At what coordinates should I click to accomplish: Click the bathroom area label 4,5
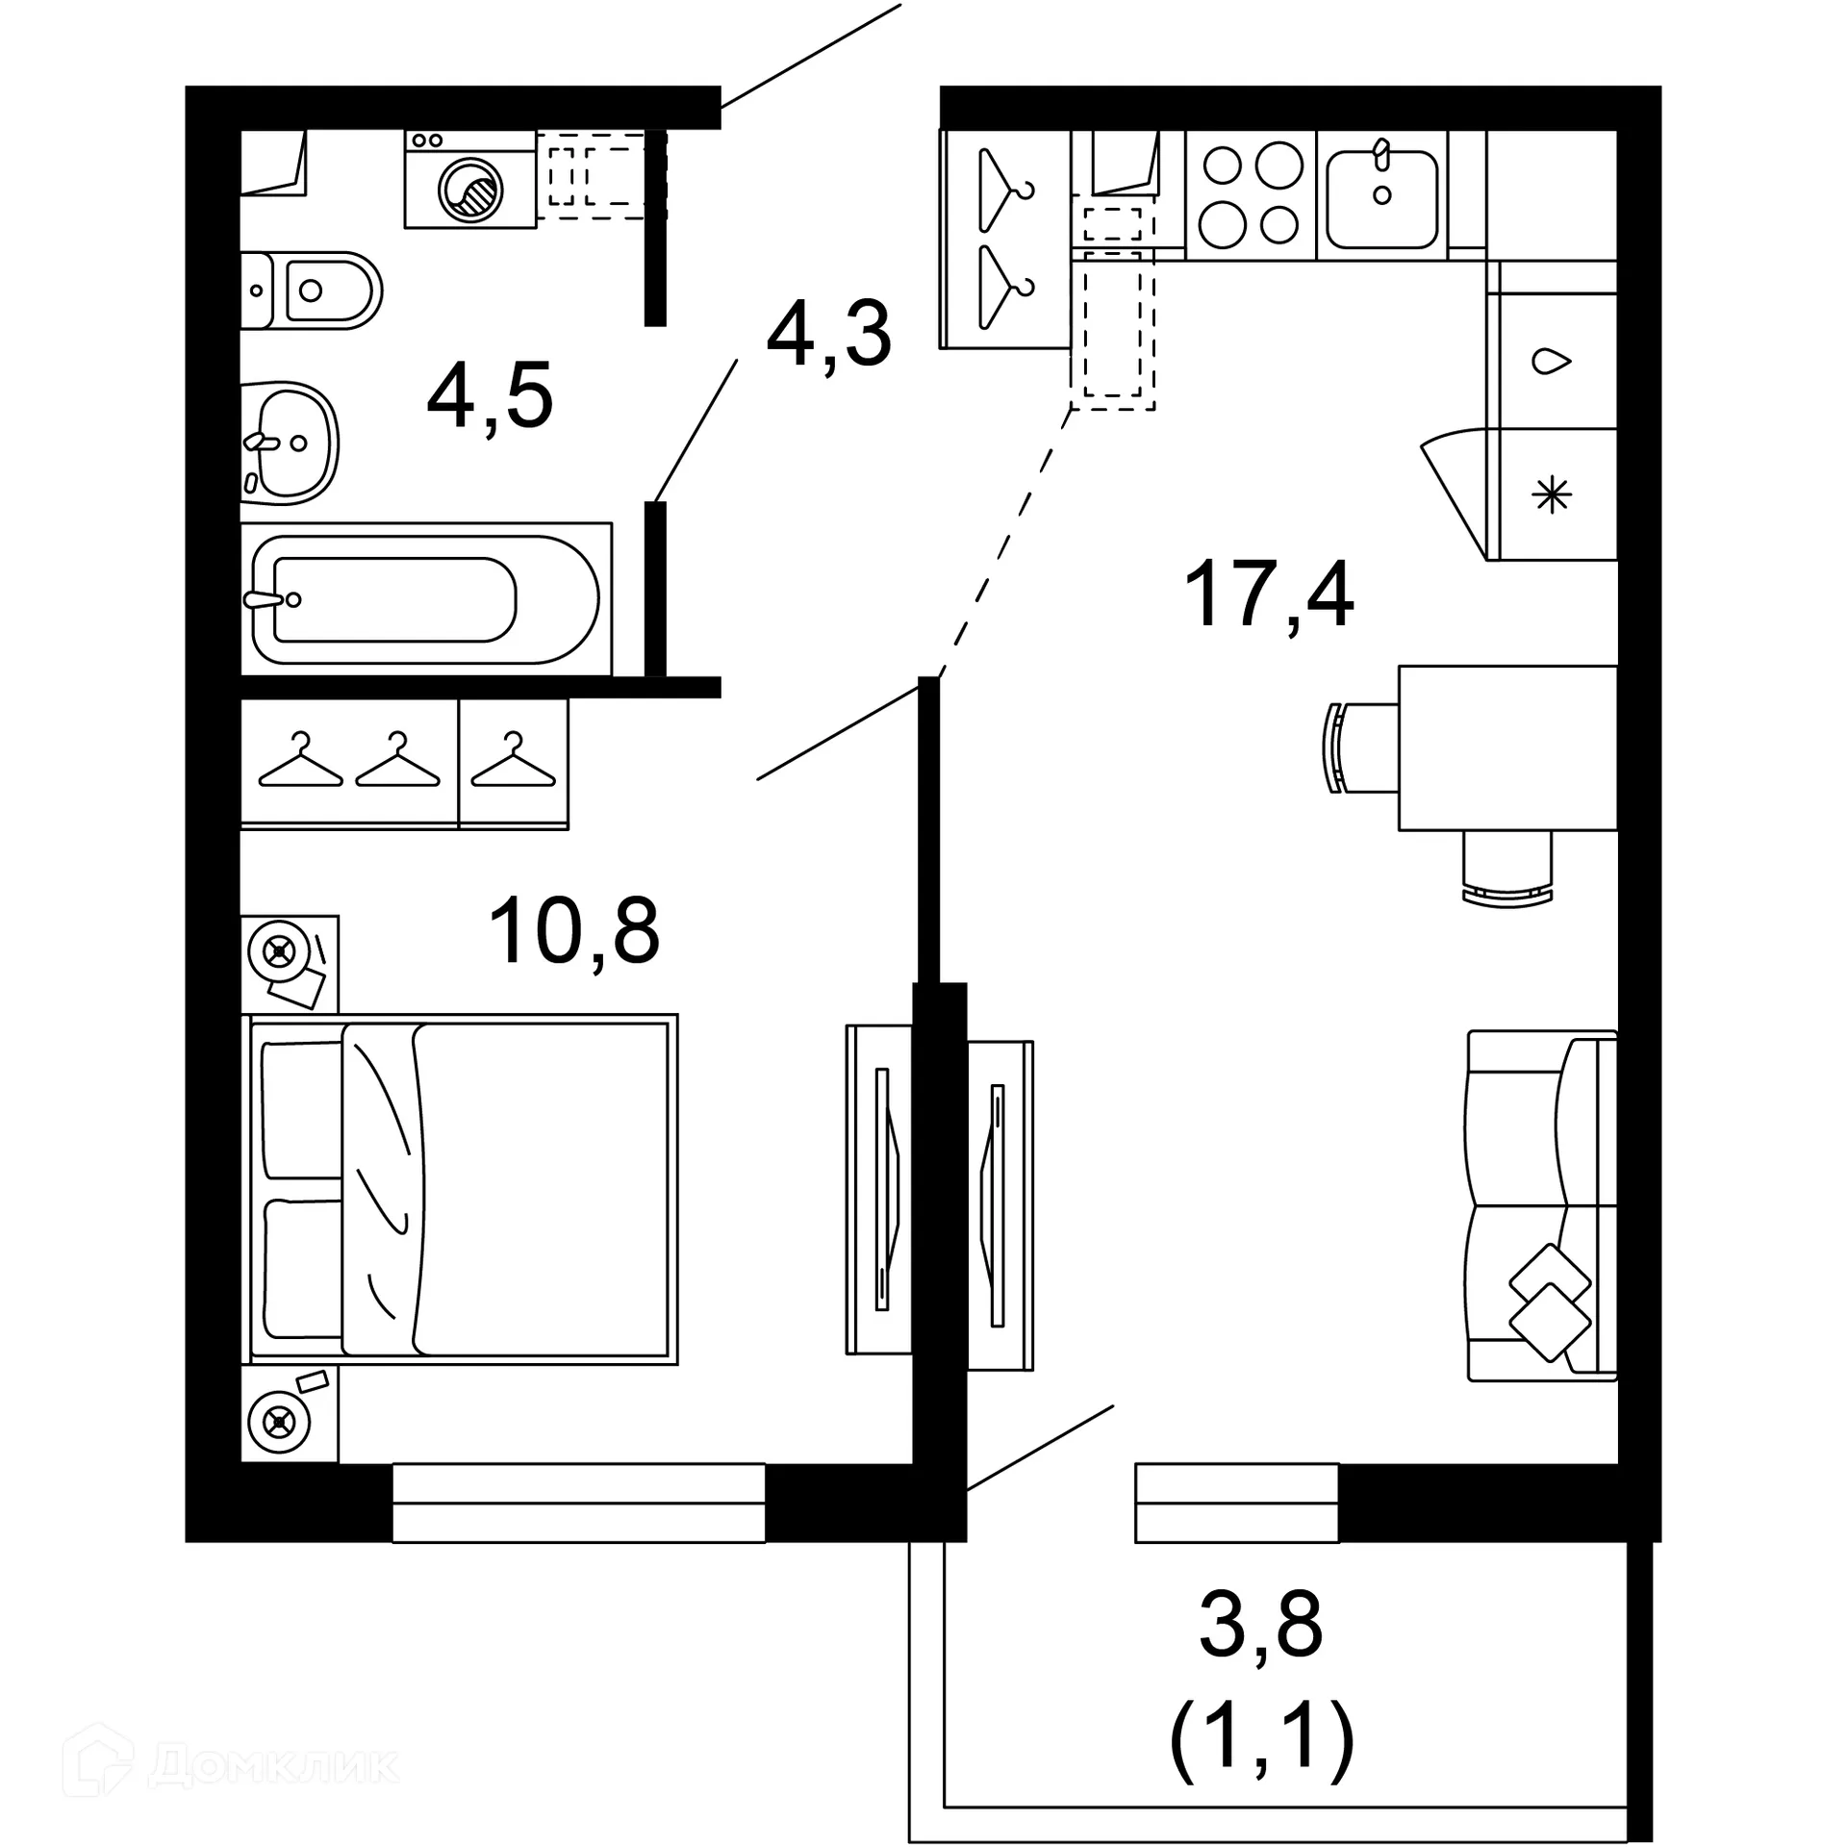[490, 395]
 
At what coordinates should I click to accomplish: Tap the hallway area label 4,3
[829, 334]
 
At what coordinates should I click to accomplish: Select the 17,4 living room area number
[1269, 594]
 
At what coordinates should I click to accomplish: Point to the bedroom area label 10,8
[574, 930]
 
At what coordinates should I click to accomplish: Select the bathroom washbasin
[289, 443]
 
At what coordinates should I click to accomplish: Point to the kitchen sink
[1381, 198]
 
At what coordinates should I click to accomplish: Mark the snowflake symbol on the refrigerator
[1551, 496]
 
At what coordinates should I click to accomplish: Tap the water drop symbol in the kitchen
[1551, 362]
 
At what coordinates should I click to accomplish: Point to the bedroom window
[578, 1503]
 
